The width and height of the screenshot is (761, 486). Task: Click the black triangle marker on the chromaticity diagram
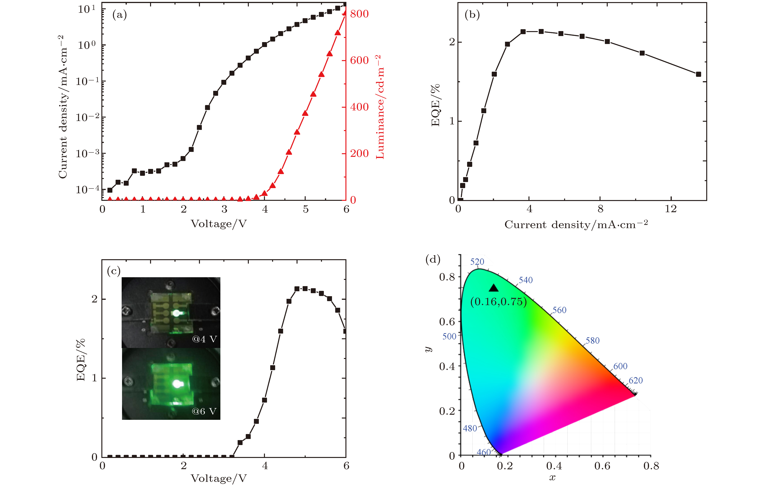(x=494, y=288)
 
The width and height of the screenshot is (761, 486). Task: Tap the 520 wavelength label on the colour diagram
(x=477, y=262)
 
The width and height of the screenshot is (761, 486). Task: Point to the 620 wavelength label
(x=636, y=380)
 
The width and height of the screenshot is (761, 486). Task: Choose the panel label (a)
(x=119, y=15)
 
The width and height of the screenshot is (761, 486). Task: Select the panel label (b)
(x=472, y=15)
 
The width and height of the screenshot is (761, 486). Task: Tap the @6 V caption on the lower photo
(x=204, y=411)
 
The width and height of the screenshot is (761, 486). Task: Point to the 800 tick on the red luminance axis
(x=359, y=14)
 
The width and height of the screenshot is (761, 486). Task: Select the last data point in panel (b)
(x=698, y=74)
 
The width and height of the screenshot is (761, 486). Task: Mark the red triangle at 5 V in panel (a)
(x=305, y=113)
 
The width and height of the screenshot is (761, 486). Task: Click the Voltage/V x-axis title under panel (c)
(x=219, y=478)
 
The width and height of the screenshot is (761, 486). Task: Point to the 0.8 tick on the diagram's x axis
(x=651, y=466)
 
